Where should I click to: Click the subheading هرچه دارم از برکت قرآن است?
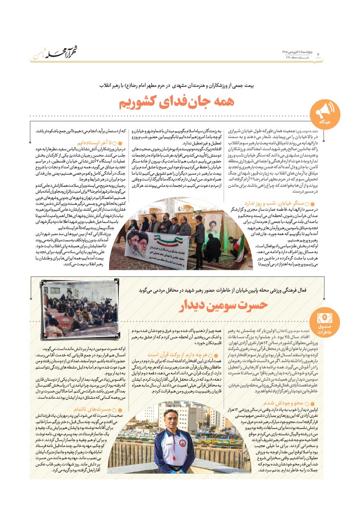[x=176, y=354]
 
